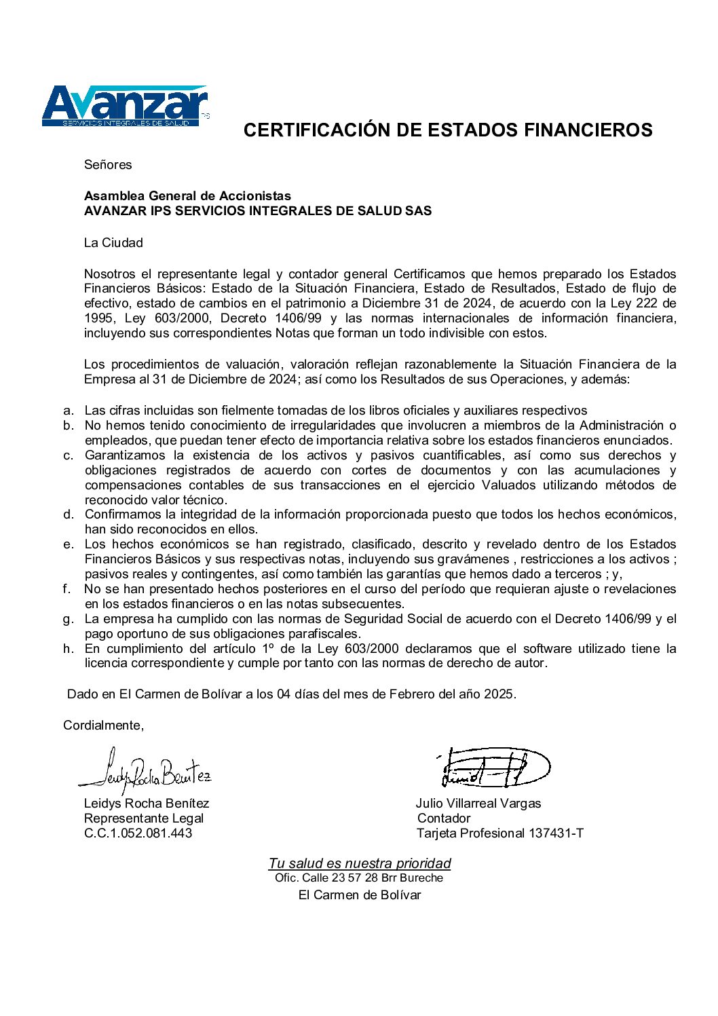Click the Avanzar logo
click(x=125, y=106)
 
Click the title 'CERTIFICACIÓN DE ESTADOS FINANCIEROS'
click(x=448, y=130)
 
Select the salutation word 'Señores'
click(x=108, y=165)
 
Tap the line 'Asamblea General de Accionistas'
click(x=187, y=196)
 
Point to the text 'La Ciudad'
click(x=113, y=243)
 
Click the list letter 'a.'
click(x=69, y=411)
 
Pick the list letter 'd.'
click(x=69, y=514)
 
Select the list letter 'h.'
click(x=69, y=649)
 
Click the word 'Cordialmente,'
click(x=104, y=726)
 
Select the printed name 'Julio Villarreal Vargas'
click(x=478, y=804)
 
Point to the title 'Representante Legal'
click(x=144, y=819)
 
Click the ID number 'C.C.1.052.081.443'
click(x=138, y=833)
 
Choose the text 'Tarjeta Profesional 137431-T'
click(x=500, y=833)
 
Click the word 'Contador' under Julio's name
click(x=444, y=819)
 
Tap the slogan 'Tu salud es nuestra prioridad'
click(x=360, y=863)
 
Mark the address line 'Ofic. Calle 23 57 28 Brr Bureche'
click(x=359, y=878)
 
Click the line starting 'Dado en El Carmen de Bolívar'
click(x=292, y=694)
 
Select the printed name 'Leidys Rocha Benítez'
click(x=147, y=804)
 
